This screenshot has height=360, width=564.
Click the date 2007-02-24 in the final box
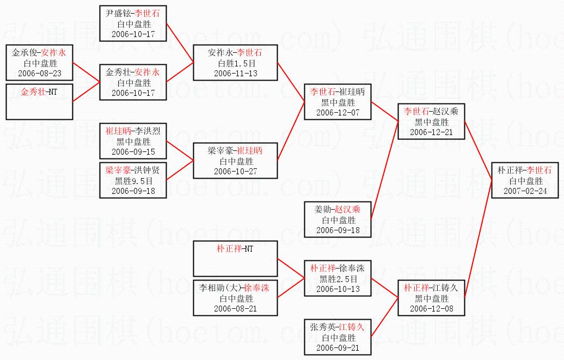pyautogui.click(x=525, y=191)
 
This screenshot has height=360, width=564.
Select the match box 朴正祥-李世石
pyautogui.click(x=525, y=180)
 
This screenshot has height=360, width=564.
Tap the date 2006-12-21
pyautogui.click(x=431, y=132)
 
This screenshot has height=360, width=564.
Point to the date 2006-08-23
pyautogui.click(x=40, y=73)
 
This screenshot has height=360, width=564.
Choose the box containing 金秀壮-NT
pyautogui.click(x=39, y=101)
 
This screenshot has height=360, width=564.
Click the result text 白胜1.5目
pyautogui.click(x=235, y=63)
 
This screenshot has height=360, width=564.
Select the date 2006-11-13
pyautogui.click(x=235, y=74)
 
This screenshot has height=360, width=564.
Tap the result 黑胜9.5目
pyautogui.click(x=133, y=181)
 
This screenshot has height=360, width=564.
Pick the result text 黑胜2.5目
pyautogui.click(x=338, y=279)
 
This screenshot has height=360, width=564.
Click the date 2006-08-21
pyautogui.click(x=235, y=309)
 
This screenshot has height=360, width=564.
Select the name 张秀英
pyautogui.click(x=322, y=327)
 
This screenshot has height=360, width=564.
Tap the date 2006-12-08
pyautogui.click(x=431, y=309)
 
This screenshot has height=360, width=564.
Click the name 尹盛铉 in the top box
pyautogui.click(x=119, y=14)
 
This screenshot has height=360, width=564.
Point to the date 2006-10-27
pyautogui.click(x=235, y=172)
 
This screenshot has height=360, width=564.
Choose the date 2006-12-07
pyautogui.click(x=338, y=112)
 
